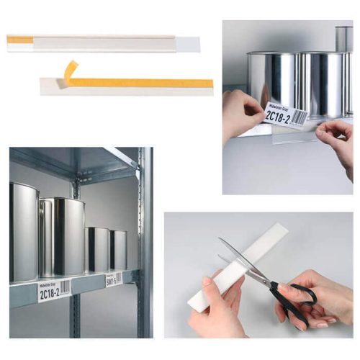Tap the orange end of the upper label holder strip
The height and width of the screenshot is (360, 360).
[x=19, y=39]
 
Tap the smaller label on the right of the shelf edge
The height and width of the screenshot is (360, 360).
[x=114, y=278]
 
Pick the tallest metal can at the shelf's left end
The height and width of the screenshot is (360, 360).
[x=23, y=230]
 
